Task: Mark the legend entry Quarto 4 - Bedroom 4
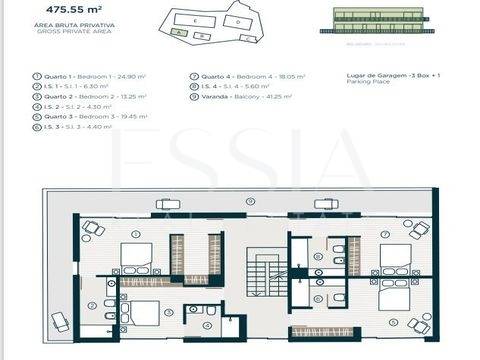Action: tap(246, 77)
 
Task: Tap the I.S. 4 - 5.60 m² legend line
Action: tap(235, 87)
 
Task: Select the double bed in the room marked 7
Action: tap(396, 256)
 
